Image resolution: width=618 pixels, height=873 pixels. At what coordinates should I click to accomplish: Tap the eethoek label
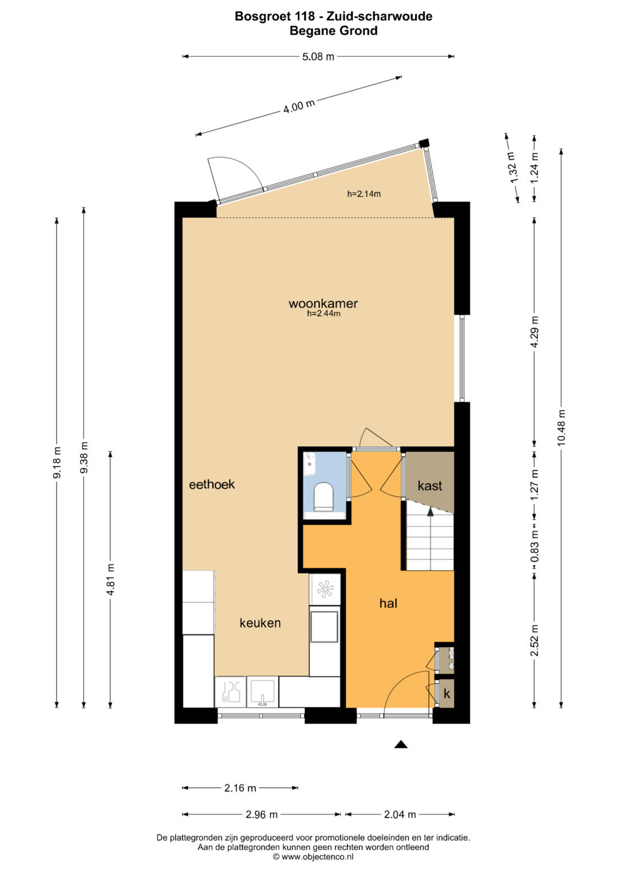click(x=212, y=484)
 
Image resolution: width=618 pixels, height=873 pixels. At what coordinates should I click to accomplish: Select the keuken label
click(x=260, y=623)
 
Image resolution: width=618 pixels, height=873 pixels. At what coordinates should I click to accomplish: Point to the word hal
click(x=388, y=603)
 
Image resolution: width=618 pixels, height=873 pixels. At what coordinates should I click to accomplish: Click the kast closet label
click(x=430, y=485)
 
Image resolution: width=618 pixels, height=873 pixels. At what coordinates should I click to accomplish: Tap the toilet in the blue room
click(x=324, y=496)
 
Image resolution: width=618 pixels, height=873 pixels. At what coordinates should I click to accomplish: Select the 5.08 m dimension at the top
click(x=318, y=57)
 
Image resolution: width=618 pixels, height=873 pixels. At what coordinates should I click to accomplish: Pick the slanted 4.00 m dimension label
click(x=299, y=106)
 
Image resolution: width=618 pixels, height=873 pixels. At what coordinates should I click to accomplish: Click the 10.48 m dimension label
click(x=561, y=428)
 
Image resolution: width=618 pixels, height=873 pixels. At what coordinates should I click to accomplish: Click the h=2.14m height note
click(x=364, y=194)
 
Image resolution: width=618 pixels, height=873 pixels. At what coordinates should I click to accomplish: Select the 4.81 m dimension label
click(x=111, y=580)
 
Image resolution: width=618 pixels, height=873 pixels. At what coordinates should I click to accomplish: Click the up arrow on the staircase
click(x=430, y=512)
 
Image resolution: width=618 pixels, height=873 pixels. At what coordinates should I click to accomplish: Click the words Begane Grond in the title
click(x=334, y=31)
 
